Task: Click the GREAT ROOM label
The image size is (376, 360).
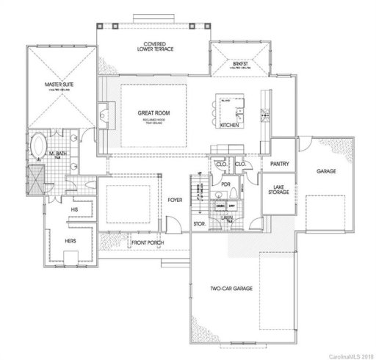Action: [x=149, y=114]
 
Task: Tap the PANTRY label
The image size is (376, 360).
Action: [x=279, y=164]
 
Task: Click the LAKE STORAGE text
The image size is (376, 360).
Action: [x=279, y=190]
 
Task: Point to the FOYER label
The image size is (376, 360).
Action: [x=175, y=199]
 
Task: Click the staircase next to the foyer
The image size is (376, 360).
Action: [x=198, y=192]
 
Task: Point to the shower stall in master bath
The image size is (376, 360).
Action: [x=35, y=177]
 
